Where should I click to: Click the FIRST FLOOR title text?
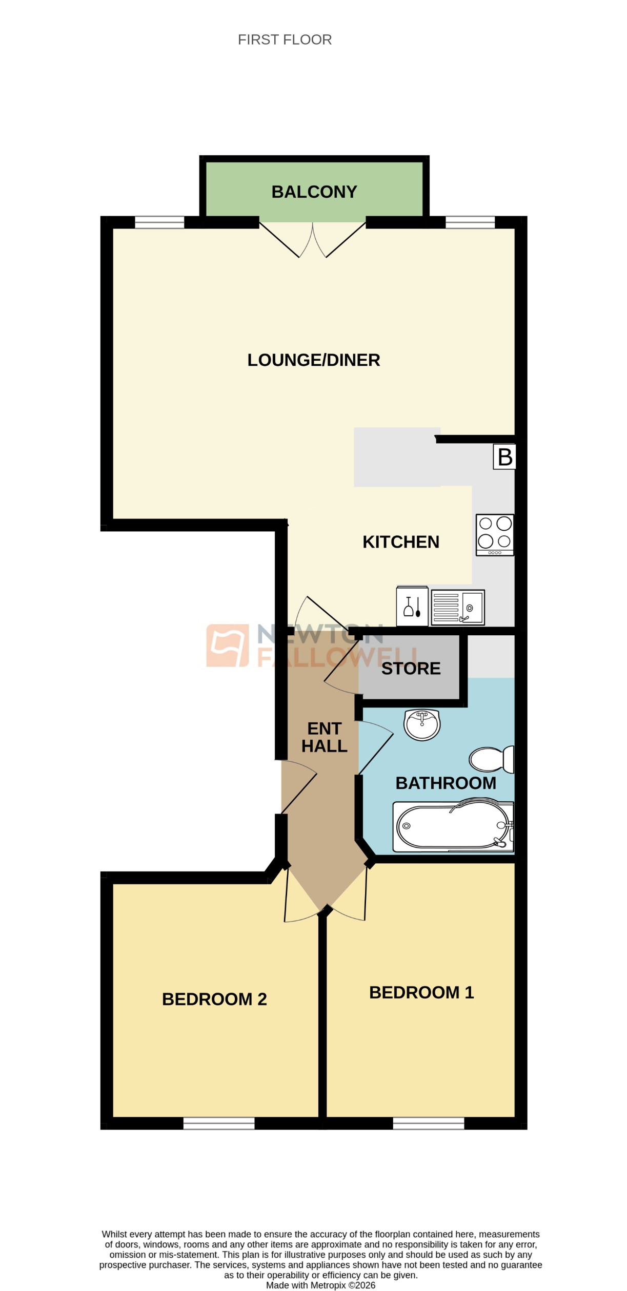tap(285, 39)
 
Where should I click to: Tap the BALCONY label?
tap(314, 192)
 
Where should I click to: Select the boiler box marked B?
tap(504, 456)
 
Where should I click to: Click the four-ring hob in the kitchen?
tap(495, 535)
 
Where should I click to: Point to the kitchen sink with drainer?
tap(458, 608)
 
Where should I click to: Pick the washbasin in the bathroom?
tap(422, 724)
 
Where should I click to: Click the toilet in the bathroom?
tap(491, 759)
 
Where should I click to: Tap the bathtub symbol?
tap(453, 826)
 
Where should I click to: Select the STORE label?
tap(411, 669)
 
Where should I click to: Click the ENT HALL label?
tap(324, 737)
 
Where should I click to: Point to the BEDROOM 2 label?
tap(214, 999)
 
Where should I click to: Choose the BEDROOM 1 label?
tap(421, 992)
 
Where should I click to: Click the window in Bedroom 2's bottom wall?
tap(219, 1123)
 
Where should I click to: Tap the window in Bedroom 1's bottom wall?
tap(429, 1123)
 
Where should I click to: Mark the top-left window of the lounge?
tap(159, 222)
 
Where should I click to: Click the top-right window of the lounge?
tap(470, 222)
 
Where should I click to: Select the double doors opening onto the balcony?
tap(313, 238)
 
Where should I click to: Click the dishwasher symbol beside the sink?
tap(412, 607)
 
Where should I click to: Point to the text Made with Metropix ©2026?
tap(320, 1285)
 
